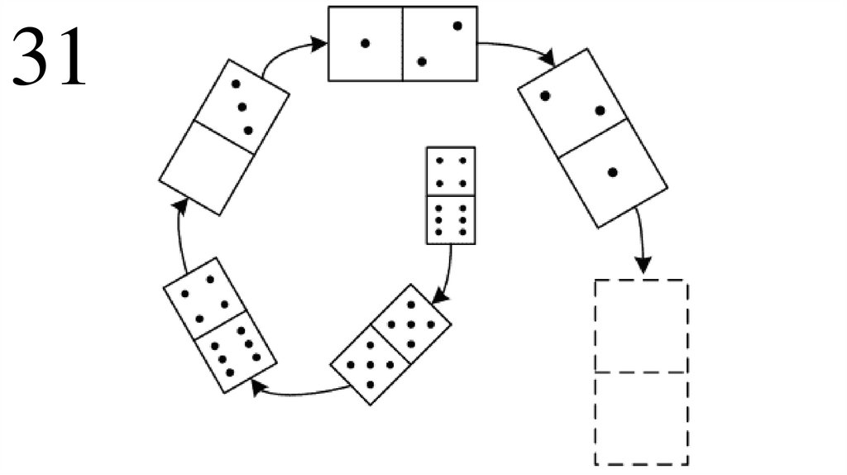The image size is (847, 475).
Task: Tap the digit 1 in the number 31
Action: coord(69,57)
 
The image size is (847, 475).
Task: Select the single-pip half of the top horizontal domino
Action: coord(366,44)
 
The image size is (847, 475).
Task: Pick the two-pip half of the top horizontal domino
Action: coord(440,44)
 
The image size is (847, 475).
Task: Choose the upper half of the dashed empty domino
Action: coord(641,326)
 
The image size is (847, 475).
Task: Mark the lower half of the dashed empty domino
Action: coord(641,418)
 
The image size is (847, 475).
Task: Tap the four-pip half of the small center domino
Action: coord(451,171)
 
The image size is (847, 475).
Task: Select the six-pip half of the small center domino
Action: coord(451,219)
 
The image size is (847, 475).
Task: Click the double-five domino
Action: coord(391,343)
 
